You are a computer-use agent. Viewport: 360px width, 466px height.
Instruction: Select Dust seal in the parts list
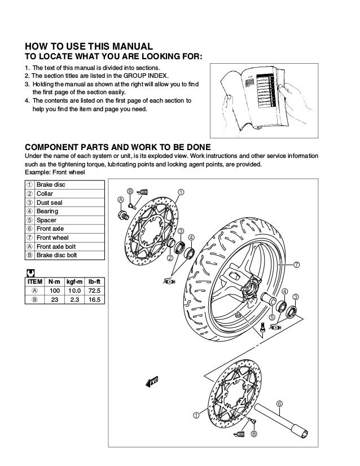point(50,202)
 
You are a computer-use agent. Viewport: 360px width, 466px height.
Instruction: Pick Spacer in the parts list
point(46,220)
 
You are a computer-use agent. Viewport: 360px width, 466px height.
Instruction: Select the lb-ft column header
point(94,280)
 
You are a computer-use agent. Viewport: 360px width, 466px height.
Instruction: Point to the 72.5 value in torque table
point(94,290)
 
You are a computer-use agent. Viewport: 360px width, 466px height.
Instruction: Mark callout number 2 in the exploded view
point(169,258)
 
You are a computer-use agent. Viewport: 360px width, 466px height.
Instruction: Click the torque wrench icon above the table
point(30,271)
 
